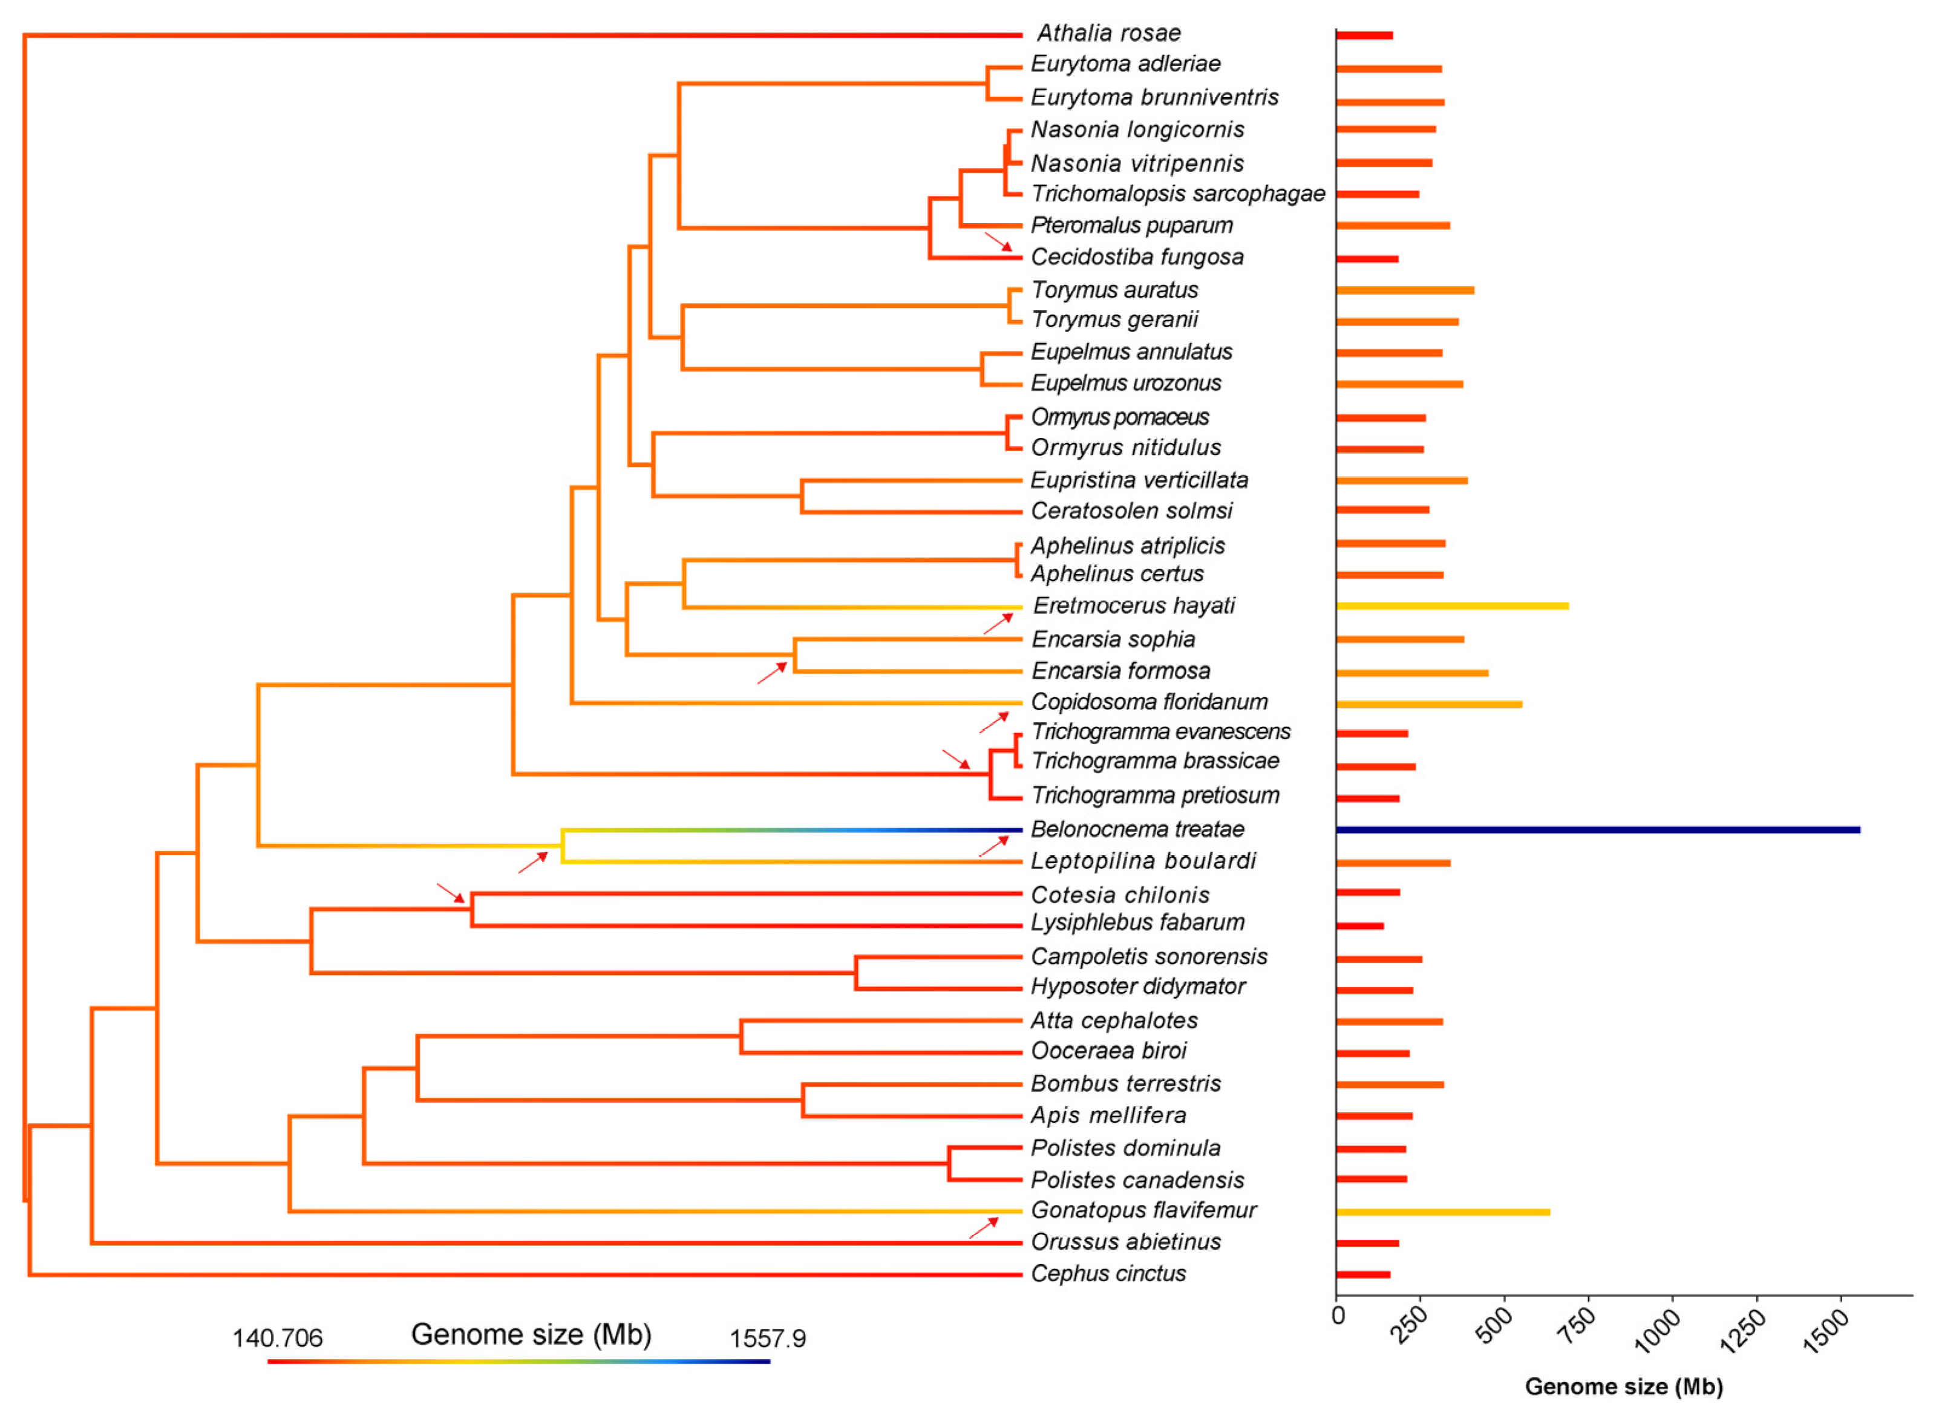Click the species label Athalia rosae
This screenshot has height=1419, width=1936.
pyautogui.click(x=1108, y=33)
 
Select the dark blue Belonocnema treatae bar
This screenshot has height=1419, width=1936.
pyautogui.click(x=1598, y=830)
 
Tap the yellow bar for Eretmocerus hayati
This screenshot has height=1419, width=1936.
pyautogui.click(x=1451, y=607)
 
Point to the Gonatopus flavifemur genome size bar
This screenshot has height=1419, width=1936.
pyautogui.click(x=1442, y=1212)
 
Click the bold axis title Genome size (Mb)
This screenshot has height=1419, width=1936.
pyautogui.click(x=1623, y=1386)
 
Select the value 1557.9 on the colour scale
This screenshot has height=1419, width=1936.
pyautogui.click(x=767, y=1339)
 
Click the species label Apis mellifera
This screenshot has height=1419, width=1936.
pyautogui.click(x=1108, y=1116)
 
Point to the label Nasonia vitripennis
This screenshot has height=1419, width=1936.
pyautogui.click(x=1136, y=163)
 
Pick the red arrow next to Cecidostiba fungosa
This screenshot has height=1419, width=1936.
pyautogui.click(x=998, y=241)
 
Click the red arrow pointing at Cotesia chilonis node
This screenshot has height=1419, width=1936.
pyautogui.click(x=450, y=892)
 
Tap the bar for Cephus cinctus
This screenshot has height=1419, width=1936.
pyautogui.click(x=1363, y=1274)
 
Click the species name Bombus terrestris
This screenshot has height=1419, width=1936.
pyautogui.click(x=1125, y=1084)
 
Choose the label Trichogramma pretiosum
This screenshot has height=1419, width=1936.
pyautogui.click(x=1154, y=796)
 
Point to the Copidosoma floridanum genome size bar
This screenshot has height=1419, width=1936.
pyautogui.click(x=1428, y=704)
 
